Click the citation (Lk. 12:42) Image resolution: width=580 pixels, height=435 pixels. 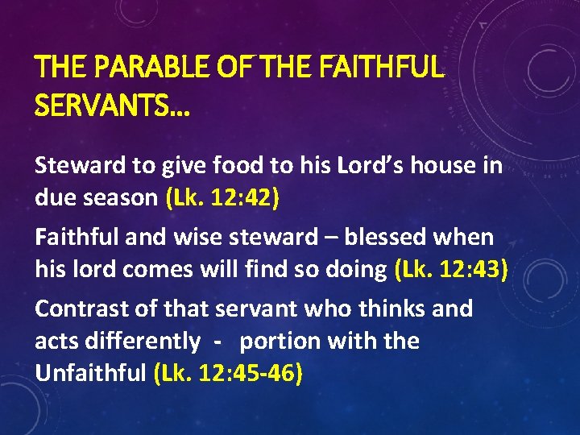[x=222, y=199]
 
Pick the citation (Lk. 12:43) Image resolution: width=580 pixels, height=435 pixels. [x=451, y=270]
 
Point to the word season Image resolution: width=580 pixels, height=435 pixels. [x=120, y=199]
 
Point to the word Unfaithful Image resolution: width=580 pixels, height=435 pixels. [x=90, y=374]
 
